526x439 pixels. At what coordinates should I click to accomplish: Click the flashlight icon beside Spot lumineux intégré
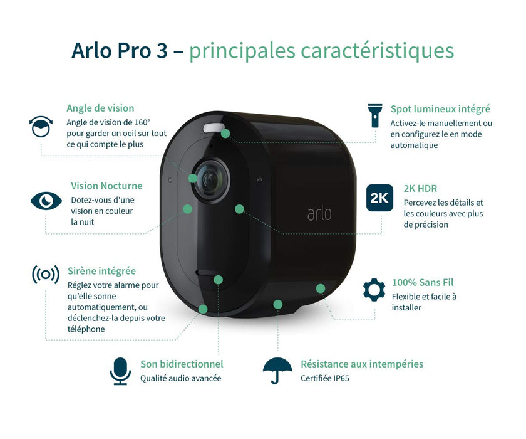(374, 115)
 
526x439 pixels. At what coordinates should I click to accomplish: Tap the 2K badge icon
(379, 198)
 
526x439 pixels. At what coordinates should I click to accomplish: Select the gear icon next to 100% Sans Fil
(374, 290)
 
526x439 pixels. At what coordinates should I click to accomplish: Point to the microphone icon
(120, 371)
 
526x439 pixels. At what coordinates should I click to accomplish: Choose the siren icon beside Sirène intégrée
(46, 275)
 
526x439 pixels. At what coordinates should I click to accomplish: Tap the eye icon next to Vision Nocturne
(46, 201)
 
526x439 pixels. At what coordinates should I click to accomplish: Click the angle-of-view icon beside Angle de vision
(41, 127)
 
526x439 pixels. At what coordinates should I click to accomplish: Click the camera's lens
(211, 180)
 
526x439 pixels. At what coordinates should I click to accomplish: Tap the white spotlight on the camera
(213, 128)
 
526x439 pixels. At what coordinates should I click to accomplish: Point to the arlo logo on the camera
(319, 214)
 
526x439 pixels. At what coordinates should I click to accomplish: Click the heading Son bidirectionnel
(182, 364)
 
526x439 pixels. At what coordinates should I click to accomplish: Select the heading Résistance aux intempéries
(362, 364)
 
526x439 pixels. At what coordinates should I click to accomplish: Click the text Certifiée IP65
(325, 378)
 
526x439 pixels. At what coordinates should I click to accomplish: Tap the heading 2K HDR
(420, 188)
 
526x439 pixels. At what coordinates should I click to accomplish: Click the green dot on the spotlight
(225, 134)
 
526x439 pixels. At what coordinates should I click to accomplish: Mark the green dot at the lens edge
(193, 178)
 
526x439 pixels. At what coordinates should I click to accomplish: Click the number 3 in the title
(162, 51)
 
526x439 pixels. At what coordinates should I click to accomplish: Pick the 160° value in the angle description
(142, 122)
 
